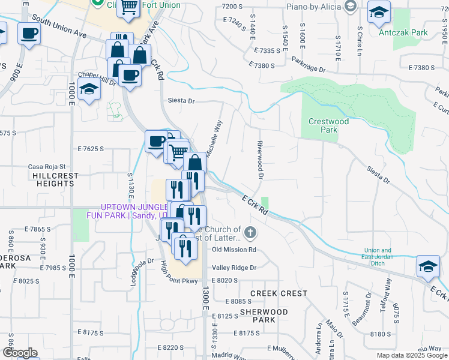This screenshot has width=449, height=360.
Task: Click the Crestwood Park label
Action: [328, 125]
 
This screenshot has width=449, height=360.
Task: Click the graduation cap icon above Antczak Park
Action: [379, 13]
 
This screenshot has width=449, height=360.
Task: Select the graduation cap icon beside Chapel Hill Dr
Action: [89, 89]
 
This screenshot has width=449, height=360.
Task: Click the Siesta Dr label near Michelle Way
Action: [182, 101]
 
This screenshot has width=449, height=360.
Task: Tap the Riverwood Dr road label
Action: [260, 160]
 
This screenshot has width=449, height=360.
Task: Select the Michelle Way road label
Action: [214, 139]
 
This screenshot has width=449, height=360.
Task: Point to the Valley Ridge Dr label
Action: [234, 268]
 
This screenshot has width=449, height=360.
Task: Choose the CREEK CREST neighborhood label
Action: [279, 293]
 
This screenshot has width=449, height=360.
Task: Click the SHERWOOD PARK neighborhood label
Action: [264, 316]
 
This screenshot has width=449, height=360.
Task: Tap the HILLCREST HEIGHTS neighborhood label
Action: [52, 180]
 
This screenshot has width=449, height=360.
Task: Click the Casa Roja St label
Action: [46, 167]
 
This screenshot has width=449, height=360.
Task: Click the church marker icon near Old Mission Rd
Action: [250, 232]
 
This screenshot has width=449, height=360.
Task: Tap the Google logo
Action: [19, 353]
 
